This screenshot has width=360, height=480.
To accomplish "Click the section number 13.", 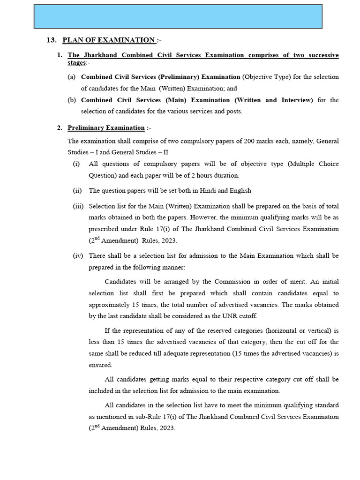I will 52,40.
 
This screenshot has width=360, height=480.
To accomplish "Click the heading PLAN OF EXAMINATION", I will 108,40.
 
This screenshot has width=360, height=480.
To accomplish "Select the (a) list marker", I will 72,76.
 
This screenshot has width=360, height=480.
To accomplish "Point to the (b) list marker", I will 72,100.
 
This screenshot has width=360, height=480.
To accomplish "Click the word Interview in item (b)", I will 295,100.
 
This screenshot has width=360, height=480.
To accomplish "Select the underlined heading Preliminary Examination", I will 106,127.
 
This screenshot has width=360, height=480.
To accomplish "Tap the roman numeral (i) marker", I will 76,164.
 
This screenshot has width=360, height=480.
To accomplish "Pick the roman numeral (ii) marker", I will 77,190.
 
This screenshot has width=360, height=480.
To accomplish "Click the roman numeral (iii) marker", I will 78,206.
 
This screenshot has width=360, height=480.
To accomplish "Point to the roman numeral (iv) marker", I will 78,255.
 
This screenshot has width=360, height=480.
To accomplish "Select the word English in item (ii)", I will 239,190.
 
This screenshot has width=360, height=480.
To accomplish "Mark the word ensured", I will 101,364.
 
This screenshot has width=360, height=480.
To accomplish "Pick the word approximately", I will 110,304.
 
